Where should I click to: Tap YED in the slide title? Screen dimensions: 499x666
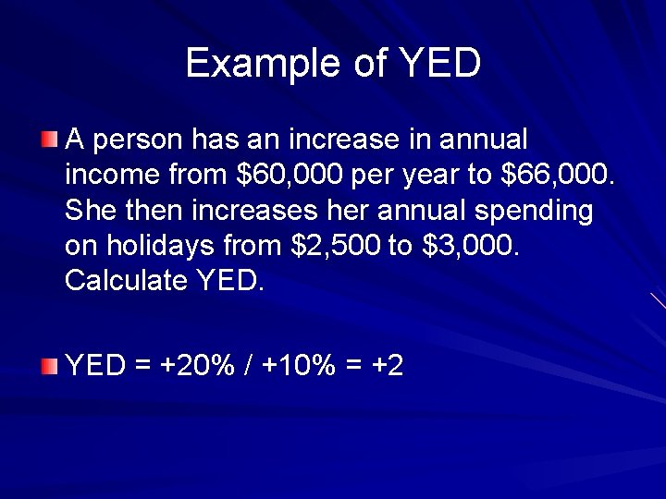coord(440,63)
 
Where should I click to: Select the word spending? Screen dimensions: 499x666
coord(534,211)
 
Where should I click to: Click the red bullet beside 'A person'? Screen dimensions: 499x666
coord(49,140)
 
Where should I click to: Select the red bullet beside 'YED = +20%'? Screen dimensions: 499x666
coord(49,366)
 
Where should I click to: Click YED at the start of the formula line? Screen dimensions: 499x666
coord(95,365)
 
